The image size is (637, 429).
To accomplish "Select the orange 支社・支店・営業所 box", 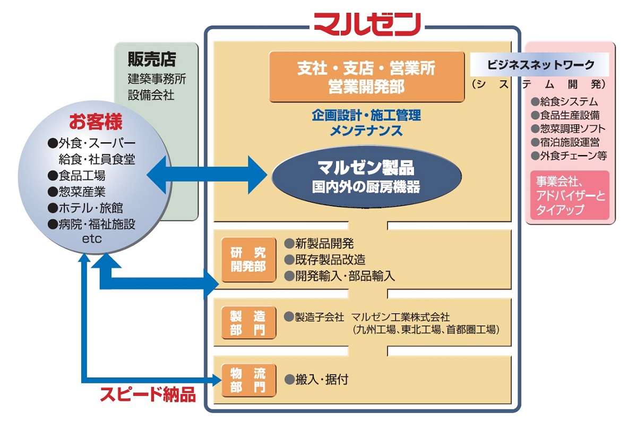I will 367,76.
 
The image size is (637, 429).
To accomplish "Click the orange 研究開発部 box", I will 248,260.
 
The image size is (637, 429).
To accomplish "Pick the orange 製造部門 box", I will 248,323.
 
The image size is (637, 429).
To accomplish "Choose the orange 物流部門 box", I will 248,381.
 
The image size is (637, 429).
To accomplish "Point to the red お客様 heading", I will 96,122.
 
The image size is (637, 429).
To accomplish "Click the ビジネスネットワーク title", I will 540,65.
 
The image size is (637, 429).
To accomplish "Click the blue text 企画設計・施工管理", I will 366,115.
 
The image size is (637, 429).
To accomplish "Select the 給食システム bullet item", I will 569,101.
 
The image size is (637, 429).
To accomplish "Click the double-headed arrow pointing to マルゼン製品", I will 207,175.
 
